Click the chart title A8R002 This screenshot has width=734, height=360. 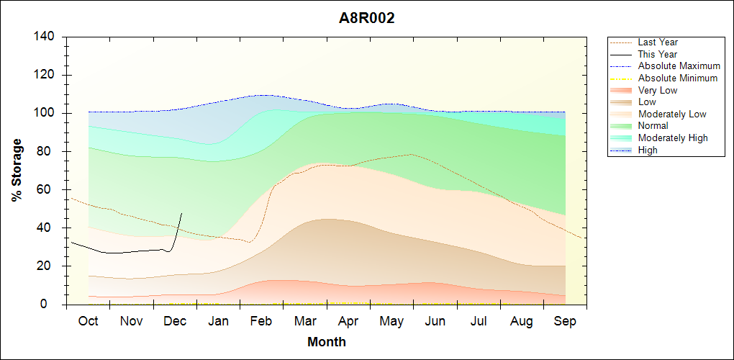[367, 19]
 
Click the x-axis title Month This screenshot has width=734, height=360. [326, 342]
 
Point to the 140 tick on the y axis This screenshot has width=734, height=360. [47, 37]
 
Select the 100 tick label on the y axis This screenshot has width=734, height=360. [47, 113]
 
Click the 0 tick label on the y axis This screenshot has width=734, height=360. [53, 305]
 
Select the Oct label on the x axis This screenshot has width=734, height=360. [88, 322]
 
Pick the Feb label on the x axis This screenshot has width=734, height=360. [261, 322]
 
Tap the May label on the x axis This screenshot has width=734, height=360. [391, 322]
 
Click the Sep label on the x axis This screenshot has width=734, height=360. [565, 322]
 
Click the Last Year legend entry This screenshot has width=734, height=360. [658, 42]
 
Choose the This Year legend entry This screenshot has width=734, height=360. [658, 54]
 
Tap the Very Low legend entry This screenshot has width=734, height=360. [658, 90]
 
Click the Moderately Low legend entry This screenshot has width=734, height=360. [672, 114]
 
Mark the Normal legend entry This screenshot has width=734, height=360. [653, 125]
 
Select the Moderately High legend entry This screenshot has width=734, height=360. [673, 138]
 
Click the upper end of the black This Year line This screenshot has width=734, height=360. [181, 213]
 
